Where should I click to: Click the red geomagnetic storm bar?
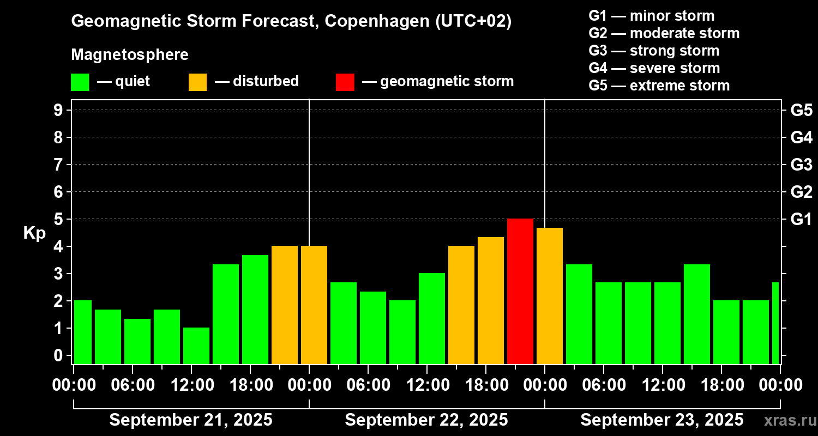point(520,291)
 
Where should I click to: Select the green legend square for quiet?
point(80,82)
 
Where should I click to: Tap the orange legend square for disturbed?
point(197,82)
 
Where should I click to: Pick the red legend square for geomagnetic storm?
point(345,82)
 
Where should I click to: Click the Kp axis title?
point(34,233)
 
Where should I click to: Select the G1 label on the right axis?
point(801,219)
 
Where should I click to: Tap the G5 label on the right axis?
point(801,110)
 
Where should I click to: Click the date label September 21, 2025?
point(191,420)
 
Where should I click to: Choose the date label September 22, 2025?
point(426,420)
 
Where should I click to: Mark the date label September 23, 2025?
point(661,420)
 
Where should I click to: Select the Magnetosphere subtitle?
point(130,55)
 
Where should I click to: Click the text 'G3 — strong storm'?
point(654,51)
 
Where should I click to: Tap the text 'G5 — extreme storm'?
point(659,86)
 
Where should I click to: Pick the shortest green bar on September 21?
point(196,346)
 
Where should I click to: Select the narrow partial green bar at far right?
point(775,323)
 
